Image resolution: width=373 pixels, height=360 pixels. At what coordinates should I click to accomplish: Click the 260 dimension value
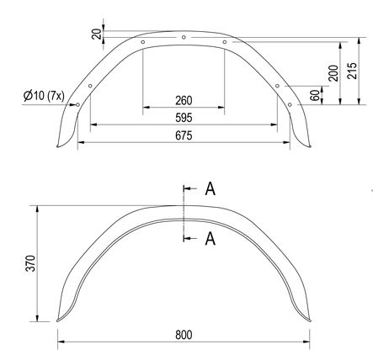tap(184, 100)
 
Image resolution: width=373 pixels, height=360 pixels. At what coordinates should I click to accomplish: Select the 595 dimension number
tap(184, 117)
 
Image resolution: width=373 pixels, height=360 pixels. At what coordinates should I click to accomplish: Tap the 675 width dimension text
tap(184, 135)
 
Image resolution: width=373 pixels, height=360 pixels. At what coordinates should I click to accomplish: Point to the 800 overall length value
tap(184, 334)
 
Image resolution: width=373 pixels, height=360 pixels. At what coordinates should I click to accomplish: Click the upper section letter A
tap(210, 188)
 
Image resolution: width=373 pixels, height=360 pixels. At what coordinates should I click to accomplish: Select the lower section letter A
tap(210, 240)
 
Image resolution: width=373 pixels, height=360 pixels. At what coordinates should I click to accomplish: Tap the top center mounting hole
tap(184, 38)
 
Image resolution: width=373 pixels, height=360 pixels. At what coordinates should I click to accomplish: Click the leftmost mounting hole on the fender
tap(77, 105)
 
